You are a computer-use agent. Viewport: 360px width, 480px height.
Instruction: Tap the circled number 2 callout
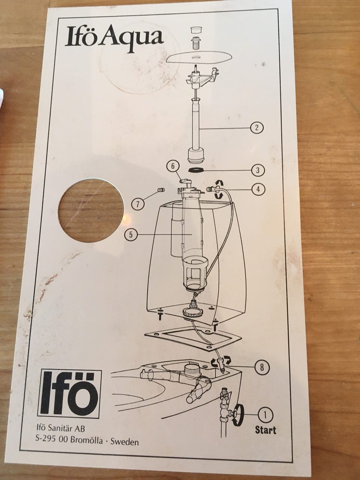(x=256, y=127)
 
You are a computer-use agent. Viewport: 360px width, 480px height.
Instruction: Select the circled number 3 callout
(x=258, y=170)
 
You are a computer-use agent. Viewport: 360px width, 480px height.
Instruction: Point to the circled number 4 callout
(x=258, y=189)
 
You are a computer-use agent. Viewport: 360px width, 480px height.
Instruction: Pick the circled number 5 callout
(x=131, y=235)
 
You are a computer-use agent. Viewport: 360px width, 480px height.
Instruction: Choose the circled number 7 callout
(x=138, y=204)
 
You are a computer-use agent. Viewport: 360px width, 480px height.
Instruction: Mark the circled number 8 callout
(x=262, y=367)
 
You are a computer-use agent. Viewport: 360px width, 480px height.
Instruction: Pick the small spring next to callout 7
(x=161, y=190)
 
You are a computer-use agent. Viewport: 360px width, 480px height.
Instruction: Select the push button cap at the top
(x=196, y=30)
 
